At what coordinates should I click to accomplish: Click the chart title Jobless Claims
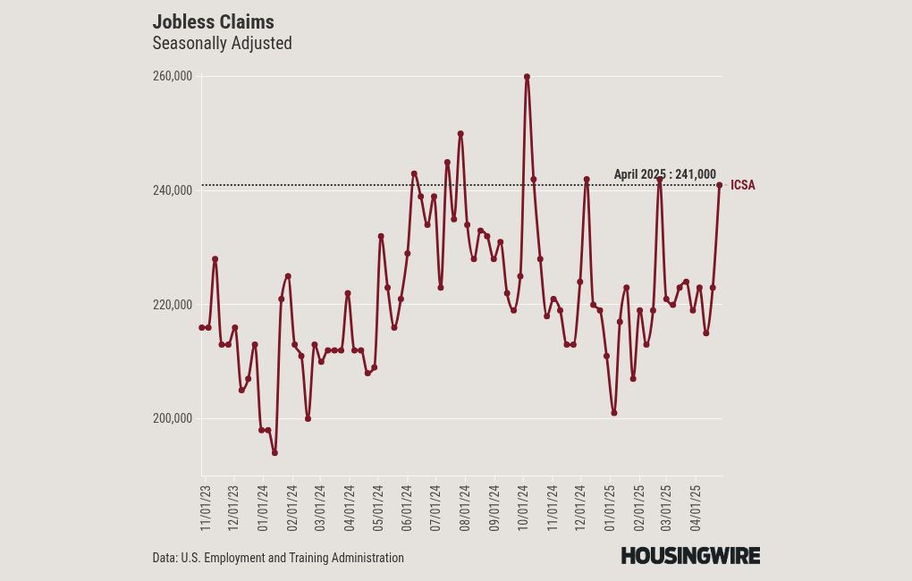(x=213, y=21)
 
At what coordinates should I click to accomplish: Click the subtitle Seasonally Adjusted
(x=222, y=43)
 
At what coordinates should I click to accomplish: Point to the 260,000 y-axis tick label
(x=173, y=77)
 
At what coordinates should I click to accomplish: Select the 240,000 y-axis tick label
(x=173, y=190)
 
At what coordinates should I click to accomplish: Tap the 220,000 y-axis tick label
(x=173, y=305)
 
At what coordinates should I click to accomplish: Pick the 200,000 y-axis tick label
(x=173, y=418)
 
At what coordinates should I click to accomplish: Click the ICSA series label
(x=743, y=186)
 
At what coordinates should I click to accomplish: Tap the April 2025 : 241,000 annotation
(x=664, y=174)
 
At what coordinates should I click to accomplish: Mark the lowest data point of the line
(x=274, y=452)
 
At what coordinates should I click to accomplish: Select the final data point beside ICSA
(x=719, y=185)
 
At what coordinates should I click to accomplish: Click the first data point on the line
(x=202, y=327)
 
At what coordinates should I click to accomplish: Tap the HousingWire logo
(x=690, y=556)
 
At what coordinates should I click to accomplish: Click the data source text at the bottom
(x=278, y=558)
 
